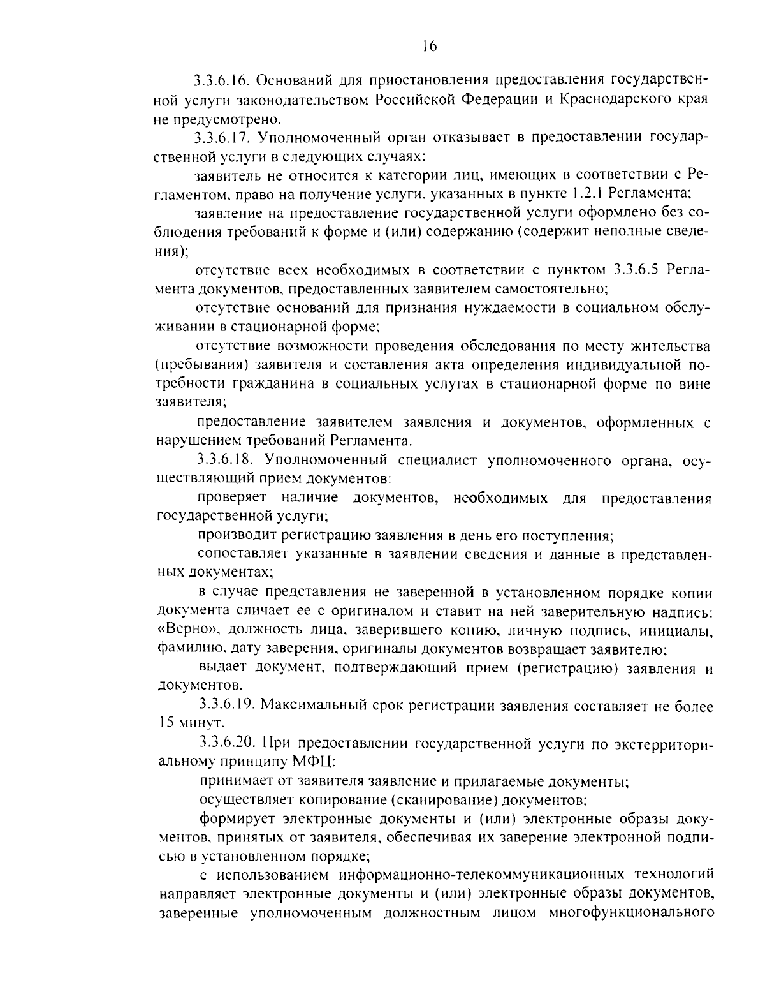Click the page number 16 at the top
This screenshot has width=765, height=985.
[x=428, y=46]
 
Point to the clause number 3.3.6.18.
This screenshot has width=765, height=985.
[x=226, y=459]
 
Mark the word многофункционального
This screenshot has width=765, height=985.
[x=630, y=912]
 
